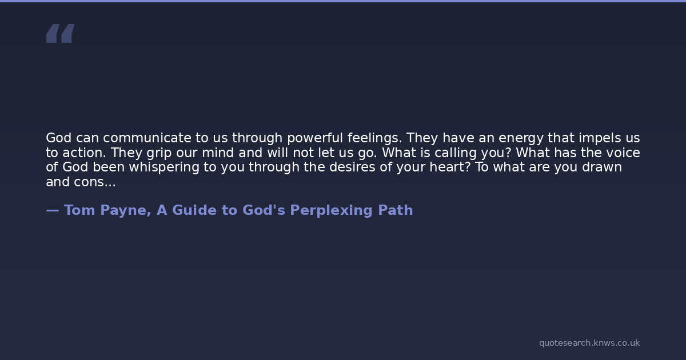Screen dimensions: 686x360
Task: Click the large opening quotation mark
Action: [x=61, y=33]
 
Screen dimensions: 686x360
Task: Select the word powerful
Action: [x=315, y=138]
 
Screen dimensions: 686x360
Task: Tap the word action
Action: [x=84, y=153]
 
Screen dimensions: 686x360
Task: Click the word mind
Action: [x=218, y=153]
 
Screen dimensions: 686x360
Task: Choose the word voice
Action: [x=623, y=153]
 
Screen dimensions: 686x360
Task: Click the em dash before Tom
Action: [x=53, y=211]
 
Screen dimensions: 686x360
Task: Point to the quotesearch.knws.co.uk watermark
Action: [x=589, y=343]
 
